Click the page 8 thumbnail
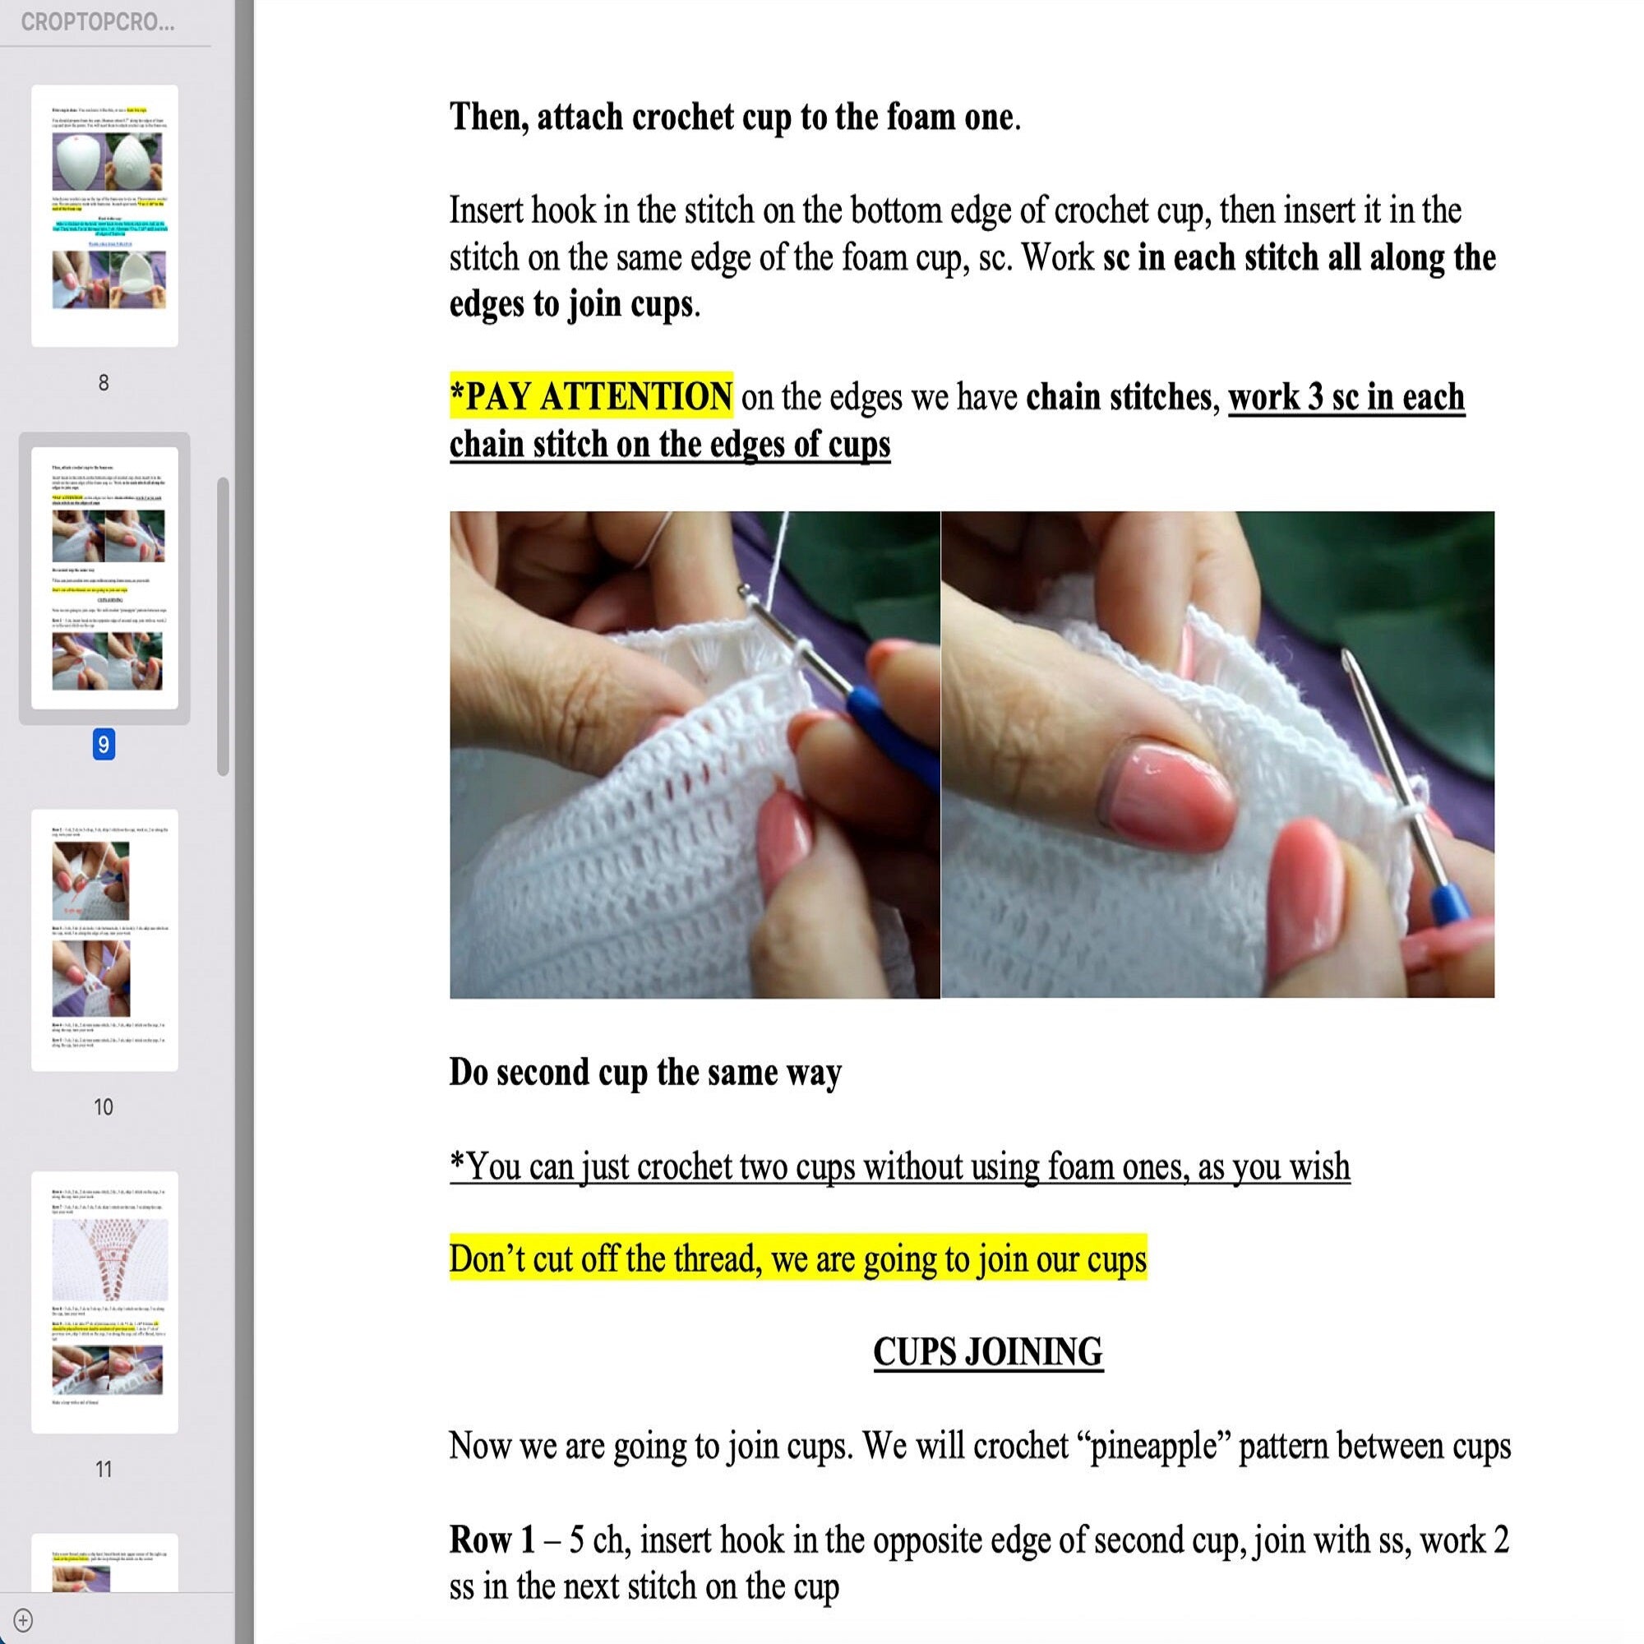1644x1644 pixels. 104,215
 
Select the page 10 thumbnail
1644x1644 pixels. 104,940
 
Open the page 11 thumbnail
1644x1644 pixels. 104,1302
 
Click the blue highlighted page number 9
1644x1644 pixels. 104,745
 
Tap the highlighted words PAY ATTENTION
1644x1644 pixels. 591,396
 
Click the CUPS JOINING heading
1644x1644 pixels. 987,1352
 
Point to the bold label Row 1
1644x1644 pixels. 492,1540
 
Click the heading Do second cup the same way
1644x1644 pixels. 645,1072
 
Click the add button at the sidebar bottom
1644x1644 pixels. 24,1620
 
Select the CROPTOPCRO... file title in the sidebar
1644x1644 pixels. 98,23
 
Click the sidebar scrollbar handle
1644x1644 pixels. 223,626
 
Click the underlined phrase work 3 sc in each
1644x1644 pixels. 1346,396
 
